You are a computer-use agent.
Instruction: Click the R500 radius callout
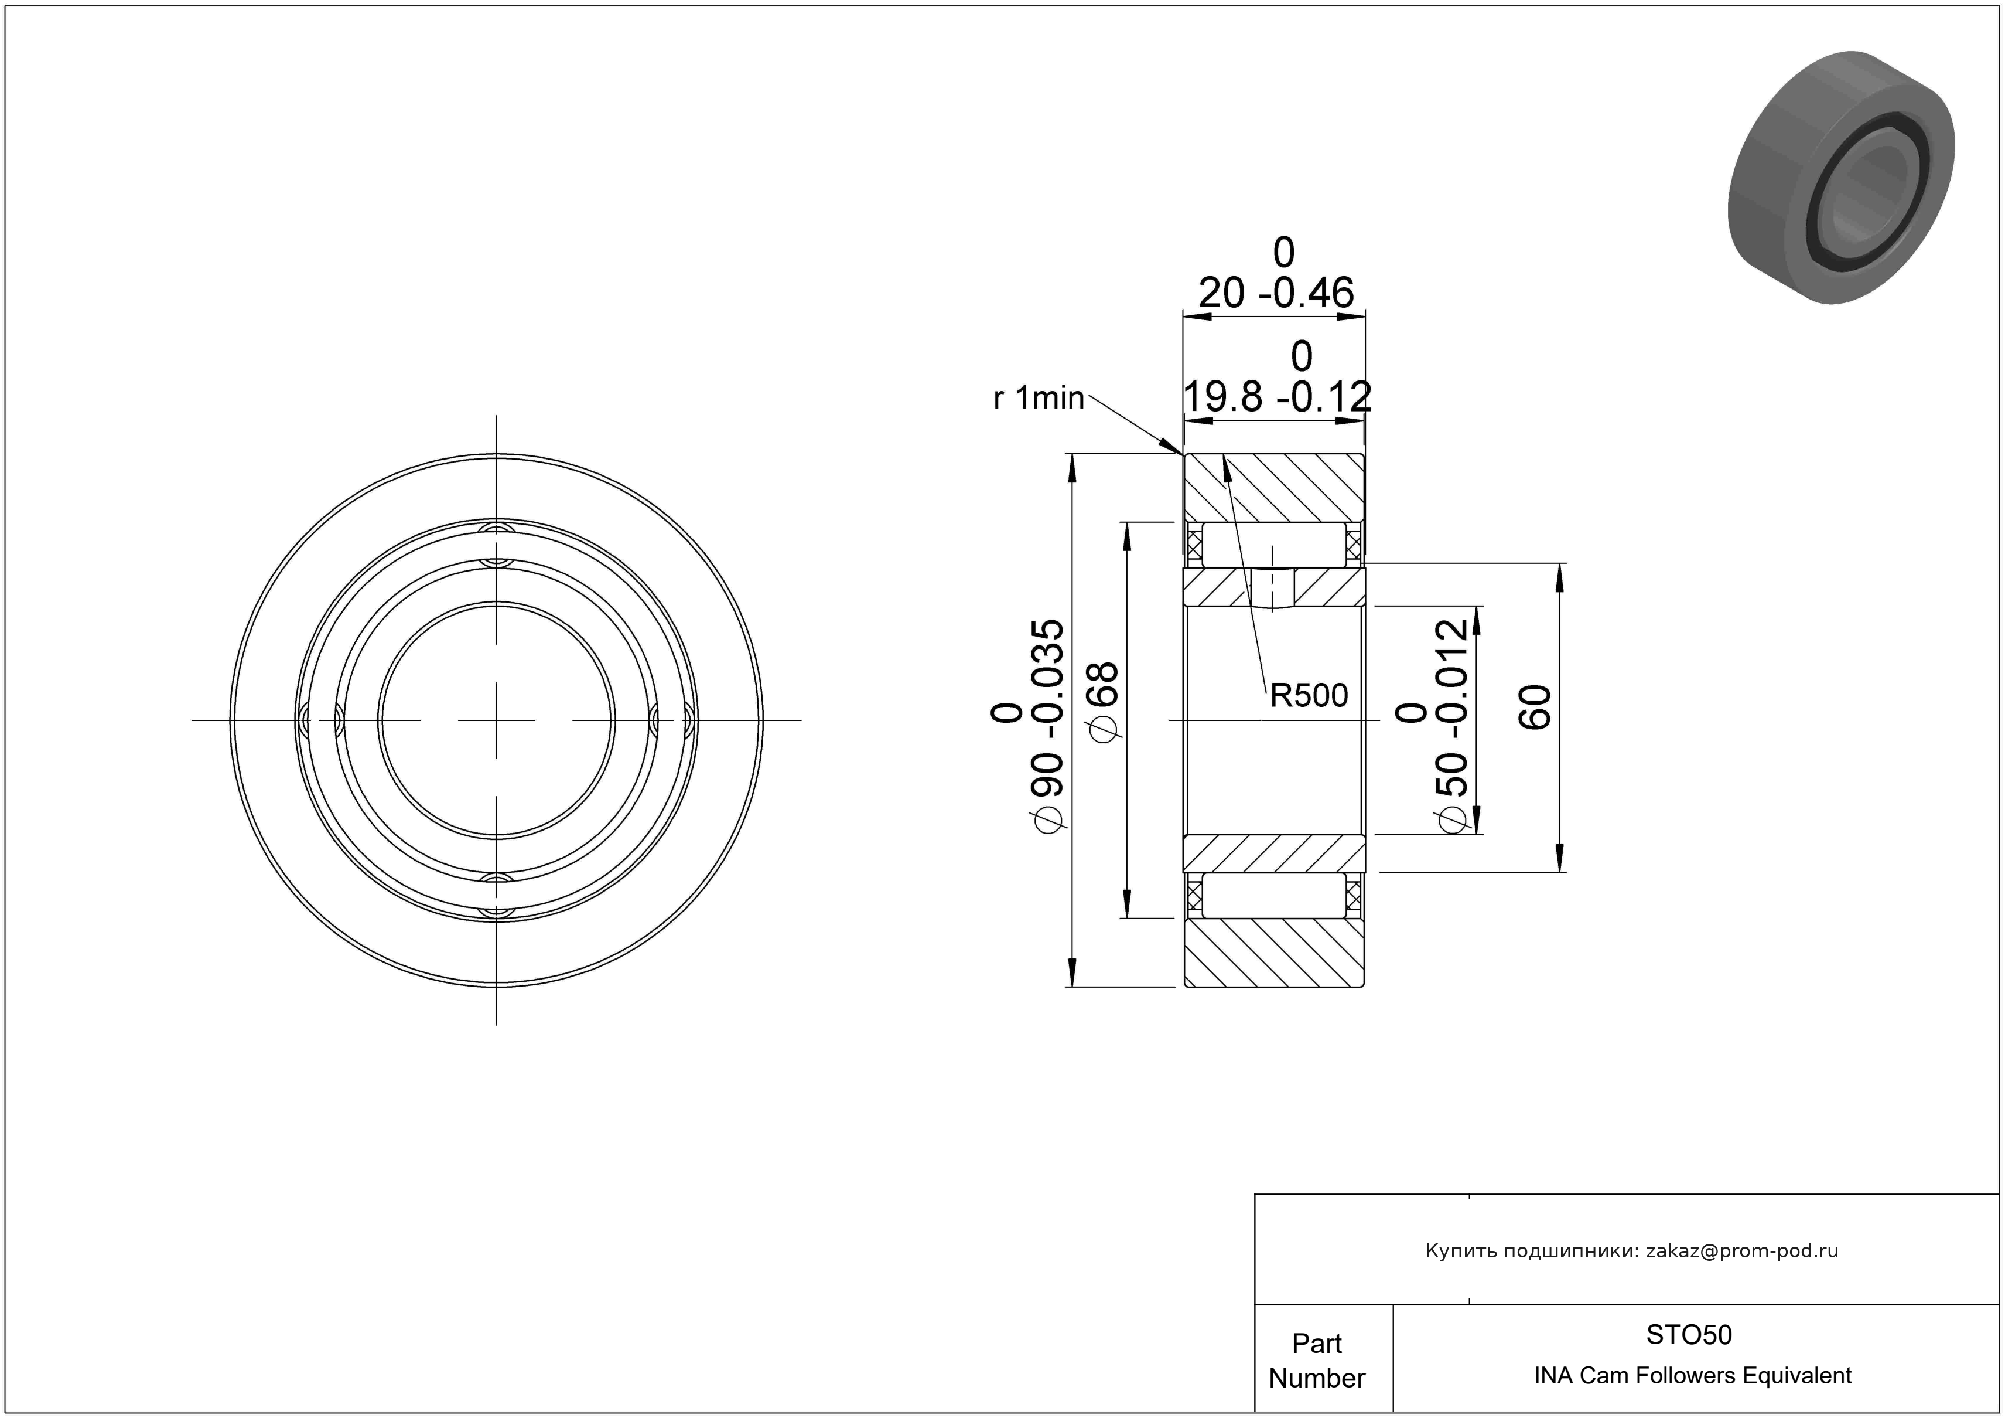tap(1308, 695)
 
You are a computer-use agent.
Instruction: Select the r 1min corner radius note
tap(1039, 399)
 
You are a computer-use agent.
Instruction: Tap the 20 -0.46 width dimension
tap(1276, 273)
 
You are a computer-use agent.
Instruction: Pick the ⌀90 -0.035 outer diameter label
tap(1029, 726)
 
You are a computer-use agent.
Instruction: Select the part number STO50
tap(1689, 1334)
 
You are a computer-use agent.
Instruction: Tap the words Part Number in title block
tap(1317, 1361)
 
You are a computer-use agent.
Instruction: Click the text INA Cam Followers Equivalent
tap(1692, 1376)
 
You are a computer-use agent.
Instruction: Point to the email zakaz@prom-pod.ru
tap(1742, 1251)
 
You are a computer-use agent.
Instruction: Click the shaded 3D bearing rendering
tap(1841, 178)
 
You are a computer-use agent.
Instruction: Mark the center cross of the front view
tap(496, 720)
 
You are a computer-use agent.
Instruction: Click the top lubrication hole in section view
tap(1273, 589)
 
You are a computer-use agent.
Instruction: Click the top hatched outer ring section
tap(1274, 488)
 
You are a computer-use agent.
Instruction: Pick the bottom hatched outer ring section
tap(1274, 953)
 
